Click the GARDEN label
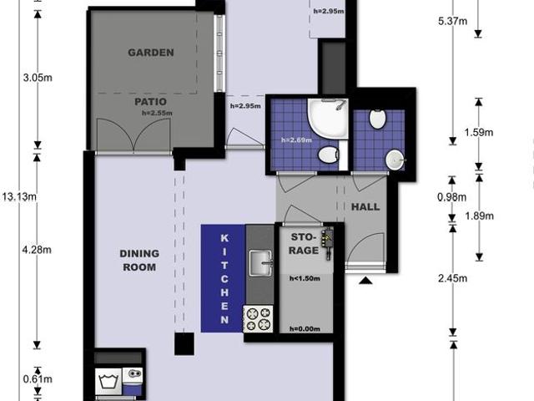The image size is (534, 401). point(151,53)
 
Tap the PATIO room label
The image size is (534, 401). point(150,102)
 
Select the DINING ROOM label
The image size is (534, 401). point(139,260)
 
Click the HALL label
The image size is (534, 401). point(365,206)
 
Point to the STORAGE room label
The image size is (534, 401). point(304,243)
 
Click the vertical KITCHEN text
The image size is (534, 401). point(224,278)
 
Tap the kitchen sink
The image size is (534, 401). point(260,262)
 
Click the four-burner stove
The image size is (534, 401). point(258,319)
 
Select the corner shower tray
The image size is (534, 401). point(328,119)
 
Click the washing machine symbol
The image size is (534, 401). point(108,381)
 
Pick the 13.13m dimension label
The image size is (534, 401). point(19,197)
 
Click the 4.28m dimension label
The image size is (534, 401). point(37,250)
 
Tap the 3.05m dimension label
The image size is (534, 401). point(38,78)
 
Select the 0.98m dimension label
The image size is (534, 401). point(451,197)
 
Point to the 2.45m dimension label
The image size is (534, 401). point(452,278)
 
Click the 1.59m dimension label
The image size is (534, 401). point(479,132)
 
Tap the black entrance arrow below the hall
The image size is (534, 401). point(365,281)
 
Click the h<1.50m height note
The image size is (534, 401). point(305,278)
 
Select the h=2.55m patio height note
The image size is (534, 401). point(157,113)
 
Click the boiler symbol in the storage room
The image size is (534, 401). point(328,243)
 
